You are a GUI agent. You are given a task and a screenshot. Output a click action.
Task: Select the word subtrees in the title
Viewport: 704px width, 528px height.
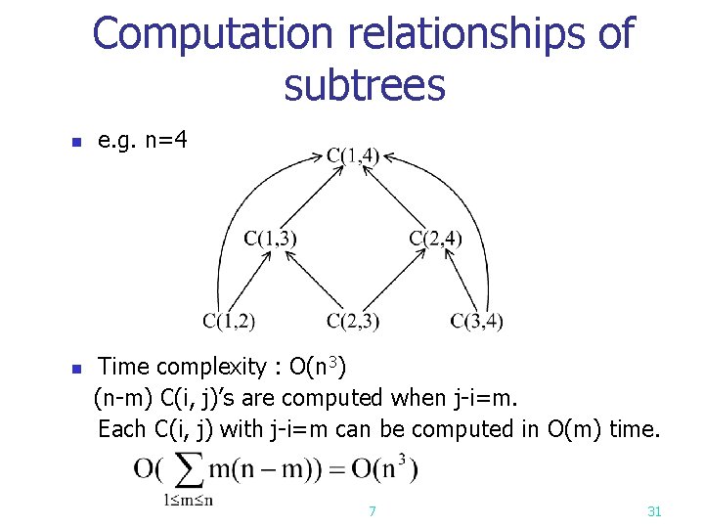364,86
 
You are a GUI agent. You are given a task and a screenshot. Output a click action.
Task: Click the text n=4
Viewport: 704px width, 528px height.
165,142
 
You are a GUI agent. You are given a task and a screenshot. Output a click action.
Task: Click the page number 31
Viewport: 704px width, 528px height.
654,511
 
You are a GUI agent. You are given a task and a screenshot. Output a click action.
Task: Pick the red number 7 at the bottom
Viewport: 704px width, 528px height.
372,511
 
